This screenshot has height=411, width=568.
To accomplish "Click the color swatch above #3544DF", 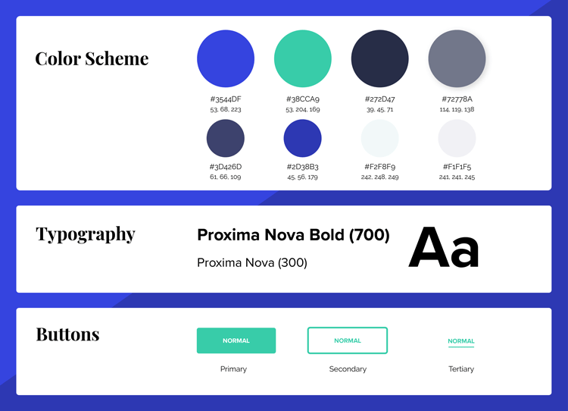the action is click(x=226, y=58).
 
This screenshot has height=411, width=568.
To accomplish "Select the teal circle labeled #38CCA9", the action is click(x=303, y=58).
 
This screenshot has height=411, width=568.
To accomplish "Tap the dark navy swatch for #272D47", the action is click(x=380, y=58).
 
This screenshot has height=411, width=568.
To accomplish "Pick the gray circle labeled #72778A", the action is click(x=457, y=58).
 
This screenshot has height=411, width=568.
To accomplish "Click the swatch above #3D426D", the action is click(x=226, y=138).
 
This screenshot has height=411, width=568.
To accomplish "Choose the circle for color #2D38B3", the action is click(x=302, y=138).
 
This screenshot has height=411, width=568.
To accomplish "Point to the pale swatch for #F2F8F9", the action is click(x=379, y=138).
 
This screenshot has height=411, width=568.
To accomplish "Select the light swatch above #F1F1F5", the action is click(x=457, y=138).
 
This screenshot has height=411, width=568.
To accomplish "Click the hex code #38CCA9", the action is click(x=303, y=99).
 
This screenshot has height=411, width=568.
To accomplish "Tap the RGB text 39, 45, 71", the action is click(x=379, y=109).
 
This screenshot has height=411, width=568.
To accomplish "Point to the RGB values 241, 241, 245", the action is click(x=457, y=177).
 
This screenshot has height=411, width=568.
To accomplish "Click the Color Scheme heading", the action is click(x=92, y=58).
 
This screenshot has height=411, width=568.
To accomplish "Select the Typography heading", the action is click(x=86, y=234).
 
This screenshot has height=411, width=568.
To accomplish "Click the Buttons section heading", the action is click(x=67, y=334).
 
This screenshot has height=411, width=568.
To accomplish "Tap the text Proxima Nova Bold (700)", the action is click(x=293, y=235).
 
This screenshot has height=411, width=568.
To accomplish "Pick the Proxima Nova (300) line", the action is click(x=252, y=262).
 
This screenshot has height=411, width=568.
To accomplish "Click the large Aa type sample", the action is click(x=444, y=247).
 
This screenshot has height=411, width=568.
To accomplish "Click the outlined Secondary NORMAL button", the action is click(x=348, y=340).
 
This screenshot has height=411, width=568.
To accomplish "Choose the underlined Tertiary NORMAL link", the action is click(x=461, y=342).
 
